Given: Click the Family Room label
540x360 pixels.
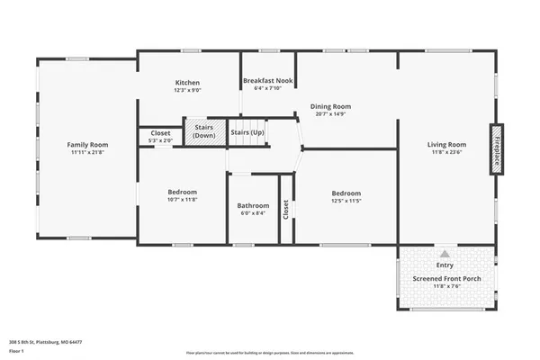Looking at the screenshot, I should click(87, 144).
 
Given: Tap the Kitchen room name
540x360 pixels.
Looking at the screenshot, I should click(186, 83).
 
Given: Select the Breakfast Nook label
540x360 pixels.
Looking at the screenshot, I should click(268, 80).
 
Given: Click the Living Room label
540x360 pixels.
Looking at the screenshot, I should click(446, 144).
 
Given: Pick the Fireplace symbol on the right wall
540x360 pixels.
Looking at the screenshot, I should click(496, 148).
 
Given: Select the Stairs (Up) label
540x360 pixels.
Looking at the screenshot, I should click(247, 132).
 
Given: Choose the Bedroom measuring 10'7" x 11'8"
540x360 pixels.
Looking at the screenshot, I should click(182, 193).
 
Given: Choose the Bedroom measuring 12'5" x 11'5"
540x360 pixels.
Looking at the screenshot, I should click(346, 193).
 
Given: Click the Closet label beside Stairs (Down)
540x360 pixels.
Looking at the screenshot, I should click(160, 133).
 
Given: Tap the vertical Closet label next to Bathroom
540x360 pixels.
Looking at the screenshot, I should click(286, 210).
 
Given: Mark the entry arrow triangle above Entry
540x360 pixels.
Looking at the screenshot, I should click(445, 255).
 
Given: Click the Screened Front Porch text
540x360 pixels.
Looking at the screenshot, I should click(446, 278).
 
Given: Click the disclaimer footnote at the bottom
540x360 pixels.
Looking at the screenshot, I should click(269, 353).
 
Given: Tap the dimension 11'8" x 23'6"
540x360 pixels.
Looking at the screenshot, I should click(446, 152).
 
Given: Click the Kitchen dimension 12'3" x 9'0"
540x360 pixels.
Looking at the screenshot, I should click(186, 90).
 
